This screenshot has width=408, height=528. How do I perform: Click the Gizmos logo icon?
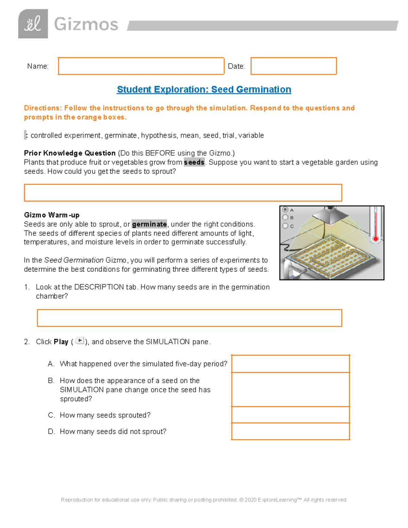(x=33, y=24)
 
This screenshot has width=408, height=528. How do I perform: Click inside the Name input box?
(x=141, y=66)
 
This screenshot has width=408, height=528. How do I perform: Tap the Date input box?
(x=293, y=66)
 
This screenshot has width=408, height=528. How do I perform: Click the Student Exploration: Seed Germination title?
(x=204, y=89)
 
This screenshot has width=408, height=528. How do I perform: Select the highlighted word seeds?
(x=194, y=163)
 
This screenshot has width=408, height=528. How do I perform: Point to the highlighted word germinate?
(x=149, y=224)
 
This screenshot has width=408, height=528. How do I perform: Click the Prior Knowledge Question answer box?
(x=183, y=193)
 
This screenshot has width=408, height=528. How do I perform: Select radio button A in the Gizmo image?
(x=286, y=210)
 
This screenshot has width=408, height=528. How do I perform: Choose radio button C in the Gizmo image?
(x=286, y=226)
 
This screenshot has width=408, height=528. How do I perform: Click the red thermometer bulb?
(x=376, y=239)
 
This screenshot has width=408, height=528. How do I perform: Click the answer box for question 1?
(x=189, y=318)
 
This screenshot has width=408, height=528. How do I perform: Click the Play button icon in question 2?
(x=80, y=341)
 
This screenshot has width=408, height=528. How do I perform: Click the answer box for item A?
(x=290, y=364)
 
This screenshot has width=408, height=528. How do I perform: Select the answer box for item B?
(x=290, y=389)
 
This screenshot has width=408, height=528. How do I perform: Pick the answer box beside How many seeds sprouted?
(x=290, y=415)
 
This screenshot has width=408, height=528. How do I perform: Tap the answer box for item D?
(x=290, y=431)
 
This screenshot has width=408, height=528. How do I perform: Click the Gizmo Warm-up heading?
(x=52, y=215)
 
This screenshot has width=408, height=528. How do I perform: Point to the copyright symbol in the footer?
(x=241, y=500)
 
